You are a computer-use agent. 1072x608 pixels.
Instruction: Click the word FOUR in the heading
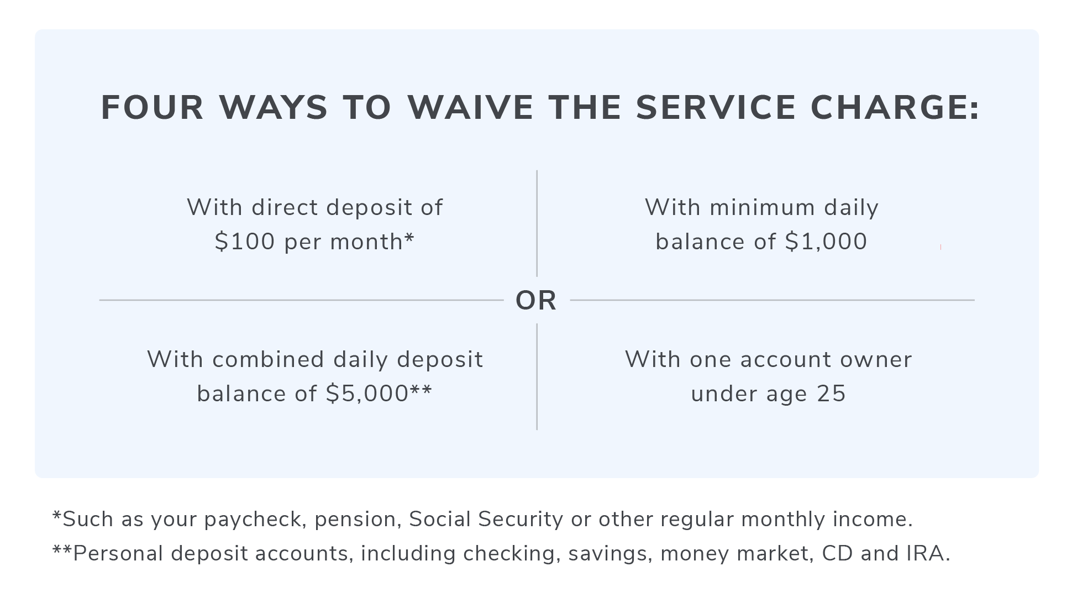(153, 107)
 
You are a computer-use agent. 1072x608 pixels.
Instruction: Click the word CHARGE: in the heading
(895, 107)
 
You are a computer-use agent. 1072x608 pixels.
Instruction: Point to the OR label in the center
(536, 301)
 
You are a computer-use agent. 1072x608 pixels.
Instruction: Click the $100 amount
(245, 242)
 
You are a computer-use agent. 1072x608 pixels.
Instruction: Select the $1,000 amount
(826, 242)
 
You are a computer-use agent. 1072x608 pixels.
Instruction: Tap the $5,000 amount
(367, 394)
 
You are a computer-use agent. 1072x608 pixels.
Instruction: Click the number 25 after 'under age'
(832, 394)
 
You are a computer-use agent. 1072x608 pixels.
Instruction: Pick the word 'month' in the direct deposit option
(366, 242)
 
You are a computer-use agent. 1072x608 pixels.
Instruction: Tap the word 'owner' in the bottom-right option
(876, 360)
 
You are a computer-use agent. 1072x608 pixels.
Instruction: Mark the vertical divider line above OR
(537, 223)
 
